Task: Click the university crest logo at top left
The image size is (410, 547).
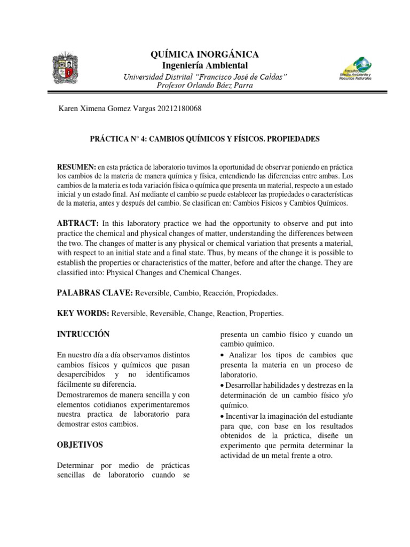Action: (67, 70)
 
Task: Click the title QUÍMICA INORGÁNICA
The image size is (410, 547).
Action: (206, 54)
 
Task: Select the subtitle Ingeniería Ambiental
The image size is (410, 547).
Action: (206, 65)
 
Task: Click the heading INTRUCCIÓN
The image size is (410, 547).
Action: (83, 334)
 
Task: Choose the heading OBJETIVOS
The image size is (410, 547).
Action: (80, 444)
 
